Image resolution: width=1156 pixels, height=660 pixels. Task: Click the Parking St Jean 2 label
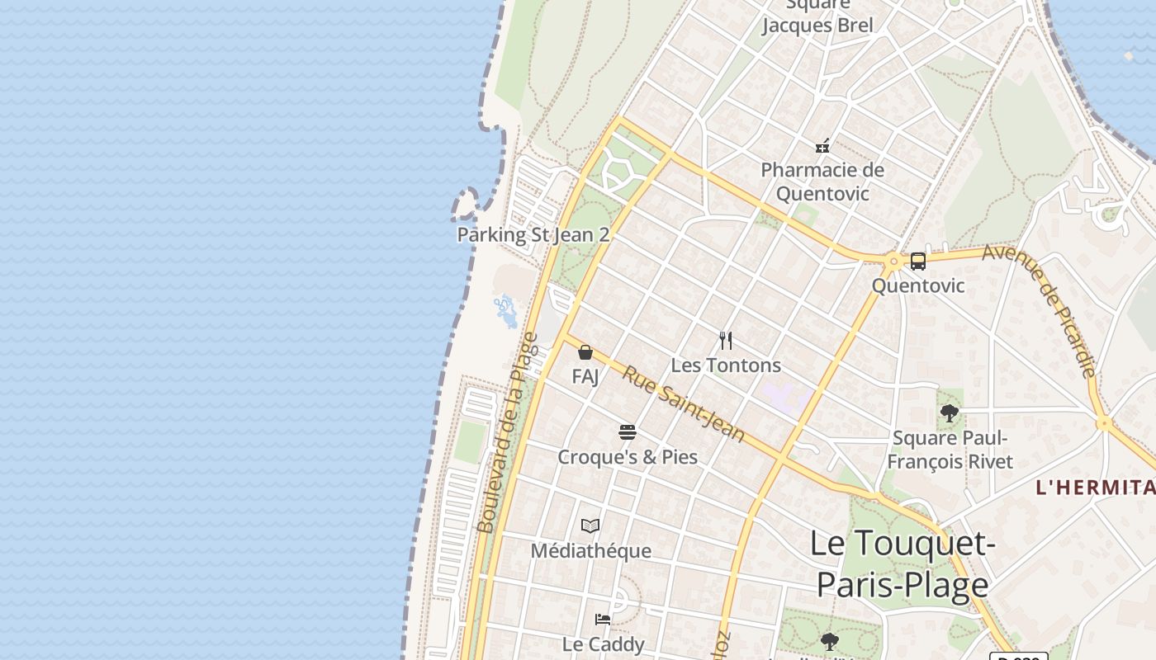(533, 234)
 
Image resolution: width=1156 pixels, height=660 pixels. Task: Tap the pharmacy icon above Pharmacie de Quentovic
(822, 146)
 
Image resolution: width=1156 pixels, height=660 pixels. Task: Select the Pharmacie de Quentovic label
(822, 181)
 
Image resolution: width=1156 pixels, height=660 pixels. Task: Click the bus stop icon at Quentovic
(917, 262)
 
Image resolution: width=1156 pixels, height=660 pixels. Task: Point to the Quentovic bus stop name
(918, 285)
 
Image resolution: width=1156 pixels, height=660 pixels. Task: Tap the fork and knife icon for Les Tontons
(726, 340)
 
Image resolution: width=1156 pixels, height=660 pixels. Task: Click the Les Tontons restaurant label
(726, 365)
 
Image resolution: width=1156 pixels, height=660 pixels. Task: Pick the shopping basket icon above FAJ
(585, 352)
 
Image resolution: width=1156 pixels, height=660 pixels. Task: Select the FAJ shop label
(585, 376)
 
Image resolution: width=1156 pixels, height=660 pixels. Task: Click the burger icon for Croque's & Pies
(628, 431)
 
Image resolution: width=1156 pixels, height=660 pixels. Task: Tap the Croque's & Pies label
(628, 457)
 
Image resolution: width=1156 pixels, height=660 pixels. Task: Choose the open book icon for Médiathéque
(590, 526)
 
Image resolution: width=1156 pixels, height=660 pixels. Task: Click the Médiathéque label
(590, 550)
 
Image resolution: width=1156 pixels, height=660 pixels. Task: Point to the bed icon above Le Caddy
(603, 619)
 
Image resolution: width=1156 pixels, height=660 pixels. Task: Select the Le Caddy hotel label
(603, 643)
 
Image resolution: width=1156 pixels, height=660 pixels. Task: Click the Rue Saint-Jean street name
(684, 404)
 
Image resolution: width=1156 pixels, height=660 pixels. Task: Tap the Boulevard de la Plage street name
(508, 433)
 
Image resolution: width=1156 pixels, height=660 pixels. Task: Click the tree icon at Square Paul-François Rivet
(950, 413)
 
